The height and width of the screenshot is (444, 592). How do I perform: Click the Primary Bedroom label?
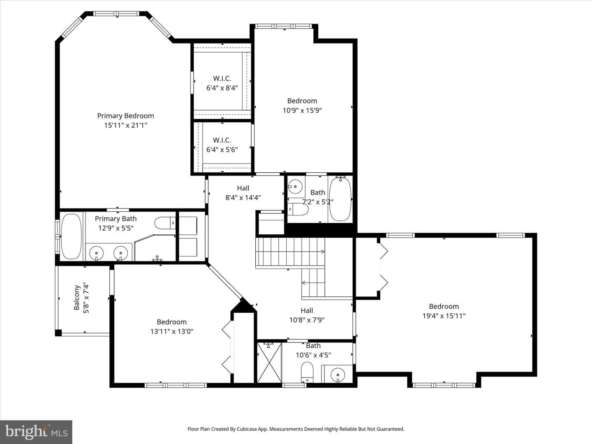(x=125, y=116)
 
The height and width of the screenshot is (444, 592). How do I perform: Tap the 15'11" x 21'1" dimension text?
(x=126, y=125)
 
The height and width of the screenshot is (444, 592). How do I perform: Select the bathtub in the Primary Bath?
(x=72, y=236)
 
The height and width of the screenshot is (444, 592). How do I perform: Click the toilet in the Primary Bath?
(x=165, y=223)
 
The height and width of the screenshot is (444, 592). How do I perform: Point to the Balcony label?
(x=77, y=297)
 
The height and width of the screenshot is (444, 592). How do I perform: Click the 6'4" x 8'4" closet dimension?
(x=222, y=88)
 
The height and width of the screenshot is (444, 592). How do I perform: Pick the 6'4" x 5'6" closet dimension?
(x=222, y=150)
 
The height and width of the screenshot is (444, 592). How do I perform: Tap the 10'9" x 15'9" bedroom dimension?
(x=302, y=111)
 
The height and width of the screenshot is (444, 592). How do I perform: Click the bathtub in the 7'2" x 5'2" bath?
(x=340, y=199)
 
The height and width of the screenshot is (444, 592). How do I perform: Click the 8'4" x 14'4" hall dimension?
(x=243, y=198)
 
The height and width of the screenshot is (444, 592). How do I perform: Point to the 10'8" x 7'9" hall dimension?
(x=307, y=320)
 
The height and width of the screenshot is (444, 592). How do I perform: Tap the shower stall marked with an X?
(x=269, y=363)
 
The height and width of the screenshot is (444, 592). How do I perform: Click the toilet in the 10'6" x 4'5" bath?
(x=307, y=372)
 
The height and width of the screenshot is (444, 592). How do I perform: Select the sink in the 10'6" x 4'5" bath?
(x=338, y=375)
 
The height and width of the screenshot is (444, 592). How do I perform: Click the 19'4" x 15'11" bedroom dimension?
(x=444, y=316)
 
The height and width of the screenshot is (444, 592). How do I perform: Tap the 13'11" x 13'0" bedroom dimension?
(x=172, y=332)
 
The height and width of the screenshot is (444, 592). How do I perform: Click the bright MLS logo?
(x=36, y=432)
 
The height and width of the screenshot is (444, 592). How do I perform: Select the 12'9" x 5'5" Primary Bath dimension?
(x=116, y=228)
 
